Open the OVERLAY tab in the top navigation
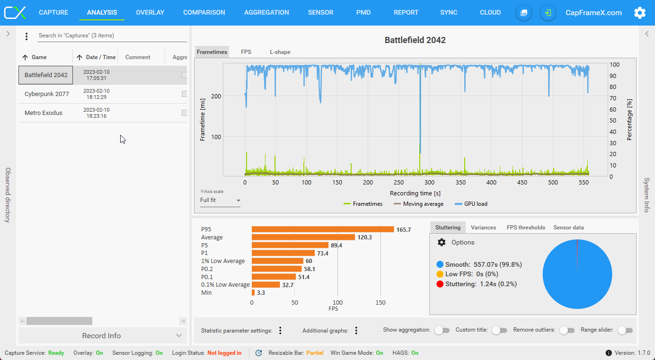[x=150, y=13]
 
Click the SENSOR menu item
[x=320, y=13]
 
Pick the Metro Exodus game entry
[x=43, y=113]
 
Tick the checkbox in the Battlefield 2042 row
[x=184, y=75]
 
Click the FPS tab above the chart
[x=246, y=52]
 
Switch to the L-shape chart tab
[x=280, y=52]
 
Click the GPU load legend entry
[x=471, y=204]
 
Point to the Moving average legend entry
[x=418, y=204]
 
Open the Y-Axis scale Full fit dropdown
[x=220, y=200]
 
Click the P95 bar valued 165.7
[x=323, y=229]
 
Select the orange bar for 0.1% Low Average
[x=266, y=285]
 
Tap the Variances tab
[x=483, y=228]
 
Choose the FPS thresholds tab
[x=526, y=228]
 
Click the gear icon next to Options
[x=442, y=242]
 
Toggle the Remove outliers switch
[x=567, y=330]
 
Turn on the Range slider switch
[x=625, y=330]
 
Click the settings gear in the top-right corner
[x=639, y=13]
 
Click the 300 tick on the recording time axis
[x=429, y=183]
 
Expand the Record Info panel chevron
[x=179, y=336]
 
